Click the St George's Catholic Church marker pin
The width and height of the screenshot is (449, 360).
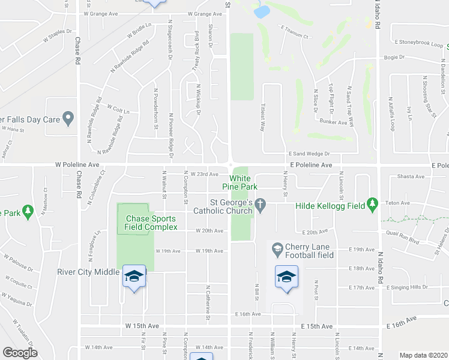(260, 205)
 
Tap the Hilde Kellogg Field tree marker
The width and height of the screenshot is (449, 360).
(372, 205)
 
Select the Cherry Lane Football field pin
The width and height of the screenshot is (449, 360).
(277, 248)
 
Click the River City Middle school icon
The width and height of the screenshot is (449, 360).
(134, 276)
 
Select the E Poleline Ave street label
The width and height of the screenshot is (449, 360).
(309, 164)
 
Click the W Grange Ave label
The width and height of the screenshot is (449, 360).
(205, 14)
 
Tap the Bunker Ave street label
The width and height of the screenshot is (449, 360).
(334, 122)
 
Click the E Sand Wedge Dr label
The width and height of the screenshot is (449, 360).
(310, 154)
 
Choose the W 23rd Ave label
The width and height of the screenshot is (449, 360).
(202, 175)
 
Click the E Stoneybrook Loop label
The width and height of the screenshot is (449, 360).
(420, 43)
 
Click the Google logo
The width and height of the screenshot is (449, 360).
(20, 353)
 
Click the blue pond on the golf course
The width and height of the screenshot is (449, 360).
(261, 11)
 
